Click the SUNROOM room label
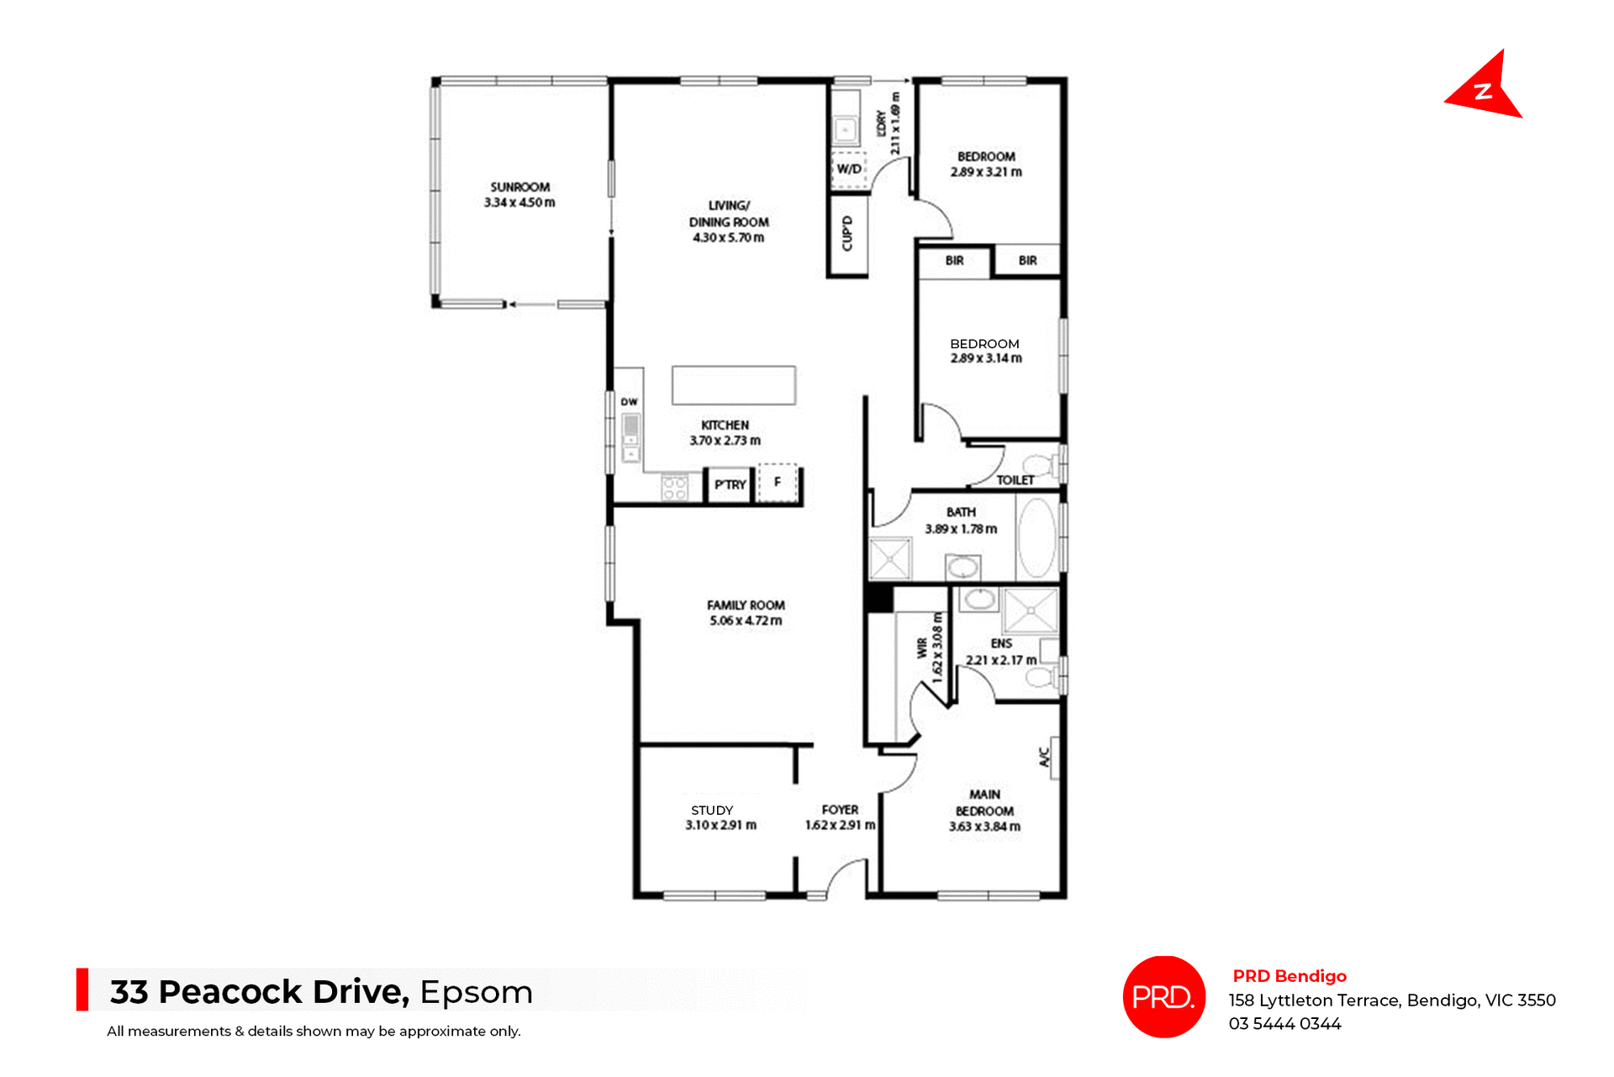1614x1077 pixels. [x=520, y=187]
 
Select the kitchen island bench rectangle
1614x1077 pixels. [x=733, y=385]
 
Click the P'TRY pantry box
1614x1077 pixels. [x=729, y=484]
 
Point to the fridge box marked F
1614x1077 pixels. [x=778, y=483]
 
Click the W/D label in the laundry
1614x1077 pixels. [x=848, y=169]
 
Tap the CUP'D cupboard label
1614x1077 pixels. [x=847, y=234]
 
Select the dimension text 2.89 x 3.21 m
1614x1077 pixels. [x=986, y=172]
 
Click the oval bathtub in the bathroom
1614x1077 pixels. [x=1037, y=539]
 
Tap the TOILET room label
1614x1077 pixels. [x=1015, y=480]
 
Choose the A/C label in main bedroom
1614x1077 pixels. [x=1045, y=757]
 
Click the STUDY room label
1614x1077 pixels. [x=712, y=810]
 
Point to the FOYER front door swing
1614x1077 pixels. [x=846, y=879]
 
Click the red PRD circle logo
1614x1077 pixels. [x=1163, y=996]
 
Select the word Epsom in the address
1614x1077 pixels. [x=476, y=992]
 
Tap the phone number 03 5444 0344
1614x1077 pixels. [x=1284, y=1023]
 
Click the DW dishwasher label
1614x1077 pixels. [x=629, y=402]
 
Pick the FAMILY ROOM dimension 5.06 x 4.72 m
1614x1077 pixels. [x=746, y=620]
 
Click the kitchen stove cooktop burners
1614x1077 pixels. [x=674, y=488]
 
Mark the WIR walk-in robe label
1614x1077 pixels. [x=922, y=647]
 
